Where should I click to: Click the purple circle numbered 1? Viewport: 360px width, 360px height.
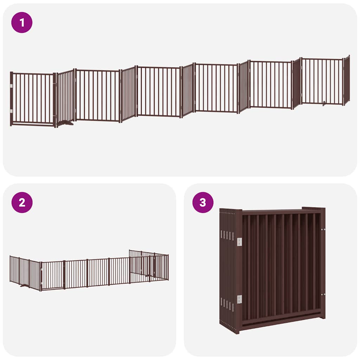22,22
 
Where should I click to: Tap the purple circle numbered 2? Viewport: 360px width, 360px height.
22,202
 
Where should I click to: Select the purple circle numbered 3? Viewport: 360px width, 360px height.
203,202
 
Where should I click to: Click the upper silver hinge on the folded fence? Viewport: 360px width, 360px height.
239,242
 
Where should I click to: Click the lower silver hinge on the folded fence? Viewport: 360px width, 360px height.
239,299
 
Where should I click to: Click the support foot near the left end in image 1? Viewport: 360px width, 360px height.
65,123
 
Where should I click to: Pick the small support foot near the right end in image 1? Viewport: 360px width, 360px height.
324,103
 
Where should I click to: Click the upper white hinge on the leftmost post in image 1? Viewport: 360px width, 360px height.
12,85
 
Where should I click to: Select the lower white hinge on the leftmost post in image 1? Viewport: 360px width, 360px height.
12,111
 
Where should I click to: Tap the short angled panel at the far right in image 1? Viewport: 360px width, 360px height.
347,80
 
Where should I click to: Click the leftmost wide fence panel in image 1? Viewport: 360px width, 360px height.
33,98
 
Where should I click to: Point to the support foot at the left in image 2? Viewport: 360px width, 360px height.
24,286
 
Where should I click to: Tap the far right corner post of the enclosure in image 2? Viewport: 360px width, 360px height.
168,267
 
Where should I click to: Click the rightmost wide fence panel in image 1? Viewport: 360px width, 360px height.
322,81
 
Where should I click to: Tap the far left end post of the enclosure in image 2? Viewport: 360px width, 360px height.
10,269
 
